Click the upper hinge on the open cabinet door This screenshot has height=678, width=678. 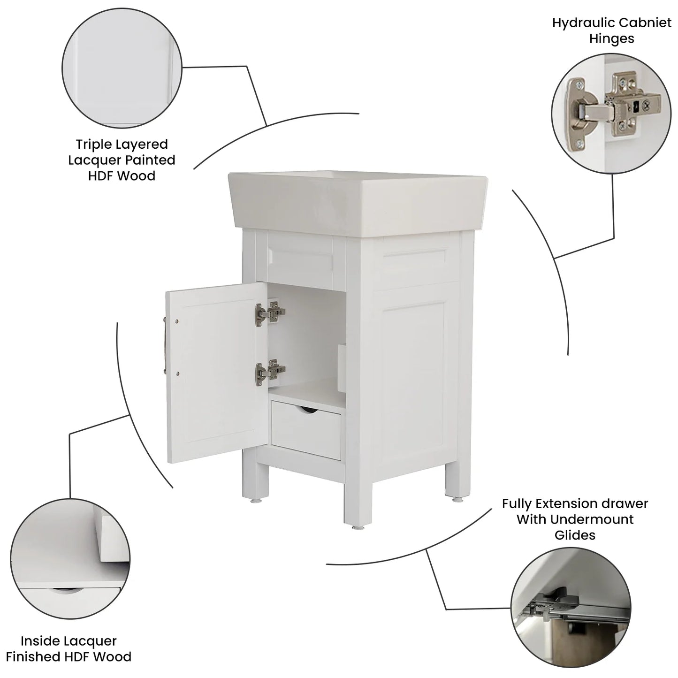point(270,312)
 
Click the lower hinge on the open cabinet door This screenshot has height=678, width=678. point(270,370)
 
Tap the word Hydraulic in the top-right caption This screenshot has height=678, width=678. point(582,23)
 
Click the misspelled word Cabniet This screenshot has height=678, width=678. point(645,23)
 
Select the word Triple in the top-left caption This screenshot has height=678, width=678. point(95,145)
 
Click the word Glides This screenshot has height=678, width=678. point(575,535)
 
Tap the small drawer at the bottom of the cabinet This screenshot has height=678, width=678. point(306,431)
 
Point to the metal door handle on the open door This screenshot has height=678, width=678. point(165,345)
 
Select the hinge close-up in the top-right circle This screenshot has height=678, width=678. point(612,113)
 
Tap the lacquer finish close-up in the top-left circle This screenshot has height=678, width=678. point(122,68)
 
